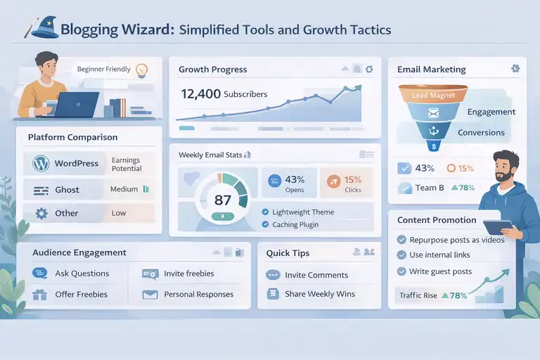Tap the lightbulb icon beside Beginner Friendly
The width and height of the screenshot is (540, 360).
141,70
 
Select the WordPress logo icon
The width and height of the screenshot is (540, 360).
39,164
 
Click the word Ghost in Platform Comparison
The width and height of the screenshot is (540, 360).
67,190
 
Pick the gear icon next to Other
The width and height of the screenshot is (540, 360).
40,213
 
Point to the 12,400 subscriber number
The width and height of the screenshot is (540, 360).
200,94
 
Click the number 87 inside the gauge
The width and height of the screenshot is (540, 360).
222,200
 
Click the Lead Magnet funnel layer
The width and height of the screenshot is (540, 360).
433,95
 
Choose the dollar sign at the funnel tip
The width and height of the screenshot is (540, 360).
434,146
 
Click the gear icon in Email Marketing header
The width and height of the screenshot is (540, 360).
515,68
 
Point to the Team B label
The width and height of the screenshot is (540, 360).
429,188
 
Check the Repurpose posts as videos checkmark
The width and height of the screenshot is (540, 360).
402,239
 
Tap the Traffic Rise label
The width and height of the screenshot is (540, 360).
418,295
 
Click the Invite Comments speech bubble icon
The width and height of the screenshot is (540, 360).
273,275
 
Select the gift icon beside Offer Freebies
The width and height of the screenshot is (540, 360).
39,294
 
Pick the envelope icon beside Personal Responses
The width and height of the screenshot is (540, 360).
149,295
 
